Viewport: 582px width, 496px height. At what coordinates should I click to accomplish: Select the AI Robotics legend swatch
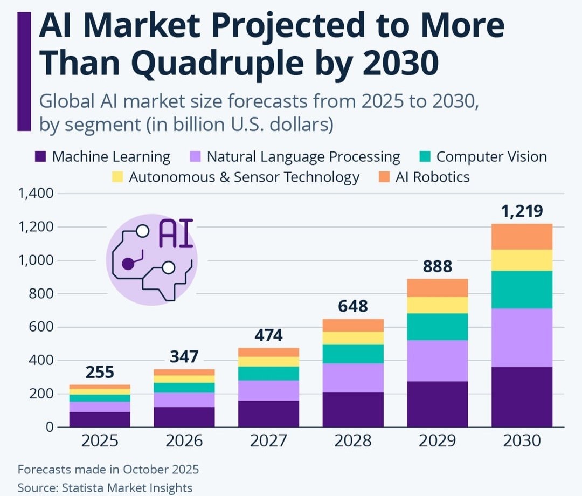384,177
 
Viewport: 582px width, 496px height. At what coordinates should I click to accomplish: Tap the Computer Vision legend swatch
425,157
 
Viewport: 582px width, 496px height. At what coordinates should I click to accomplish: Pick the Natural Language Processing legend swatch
196,157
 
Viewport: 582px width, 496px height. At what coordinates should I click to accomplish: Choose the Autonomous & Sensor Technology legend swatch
117,177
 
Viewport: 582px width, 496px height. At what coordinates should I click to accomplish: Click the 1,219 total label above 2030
522,210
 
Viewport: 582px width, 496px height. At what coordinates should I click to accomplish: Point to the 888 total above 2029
437,266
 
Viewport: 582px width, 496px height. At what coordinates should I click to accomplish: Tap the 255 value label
99,373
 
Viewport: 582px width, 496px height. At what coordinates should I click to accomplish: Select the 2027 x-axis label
268,441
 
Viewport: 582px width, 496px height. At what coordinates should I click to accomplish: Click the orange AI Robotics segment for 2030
522,237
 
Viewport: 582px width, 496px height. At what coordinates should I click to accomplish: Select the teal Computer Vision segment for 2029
437,327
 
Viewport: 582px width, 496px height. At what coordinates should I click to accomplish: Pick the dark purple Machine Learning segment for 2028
353,410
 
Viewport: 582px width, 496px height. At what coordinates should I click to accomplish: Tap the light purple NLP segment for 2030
522,337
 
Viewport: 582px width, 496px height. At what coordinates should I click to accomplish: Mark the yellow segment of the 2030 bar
522,260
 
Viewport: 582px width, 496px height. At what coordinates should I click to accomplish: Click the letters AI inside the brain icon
176,233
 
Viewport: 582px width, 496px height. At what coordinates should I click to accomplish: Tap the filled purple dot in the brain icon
128,264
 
